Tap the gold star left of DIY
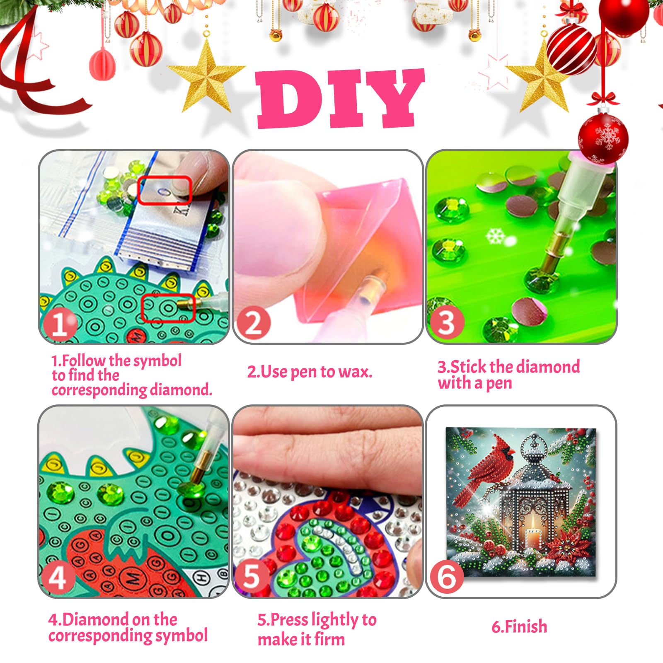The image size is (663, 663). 206,77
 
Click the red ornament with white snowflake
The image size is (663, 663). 603,137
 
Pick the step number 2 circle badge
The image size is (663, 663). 253,324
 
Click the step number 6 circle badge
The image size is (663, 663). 447,577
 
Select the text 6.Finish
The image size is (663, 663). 519,627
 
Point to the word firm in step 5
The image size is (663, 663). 329,639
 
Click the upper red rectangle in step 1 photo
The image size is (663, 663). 165,190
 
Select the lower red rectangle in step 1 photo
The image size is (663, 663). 168,308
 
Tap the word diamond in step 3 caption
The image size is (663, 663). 548,367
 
